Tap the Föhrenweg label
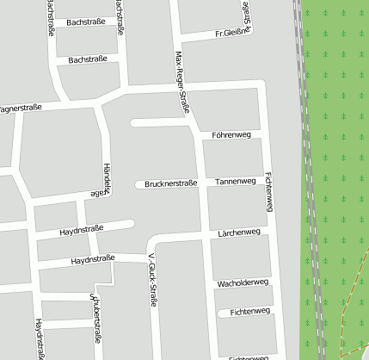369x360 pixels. point(231,135)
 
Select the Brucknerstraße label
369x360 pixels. point(171,183)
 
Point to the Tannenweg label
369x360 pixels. point(236,182)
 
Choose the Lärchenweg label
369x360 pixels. point(238,233)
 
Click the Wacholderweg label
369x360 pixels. point(243,282)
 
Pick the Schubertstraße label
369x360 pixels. point(95,317)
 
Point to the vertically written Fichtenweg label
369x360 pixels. point(269,191)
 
